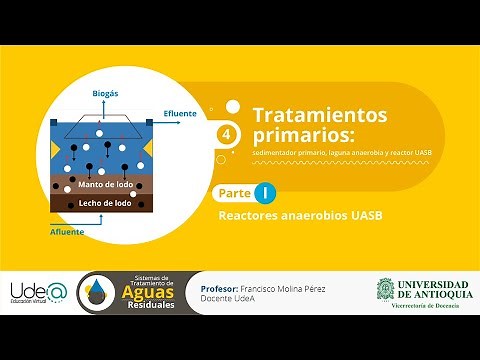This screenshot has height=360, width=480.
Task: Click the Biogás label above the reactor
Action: click(x=106, y=93)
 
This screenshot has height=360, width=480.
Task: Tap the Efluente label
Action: click(x=179, y=113)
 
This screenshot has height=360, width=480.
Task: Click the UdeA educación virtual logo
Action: click(x=37, y=291)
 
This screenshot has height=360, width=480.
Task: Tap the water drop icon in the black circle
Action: click(x=101, y=292)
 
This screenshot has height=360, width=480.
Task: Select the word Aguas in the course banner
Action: click(x=153, y=294)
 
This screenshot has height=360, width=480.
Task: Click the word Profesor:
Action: click(x=222, y=285)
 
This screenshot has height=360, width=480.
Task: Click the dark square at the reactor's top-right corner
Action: click(x=149, y=122)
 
